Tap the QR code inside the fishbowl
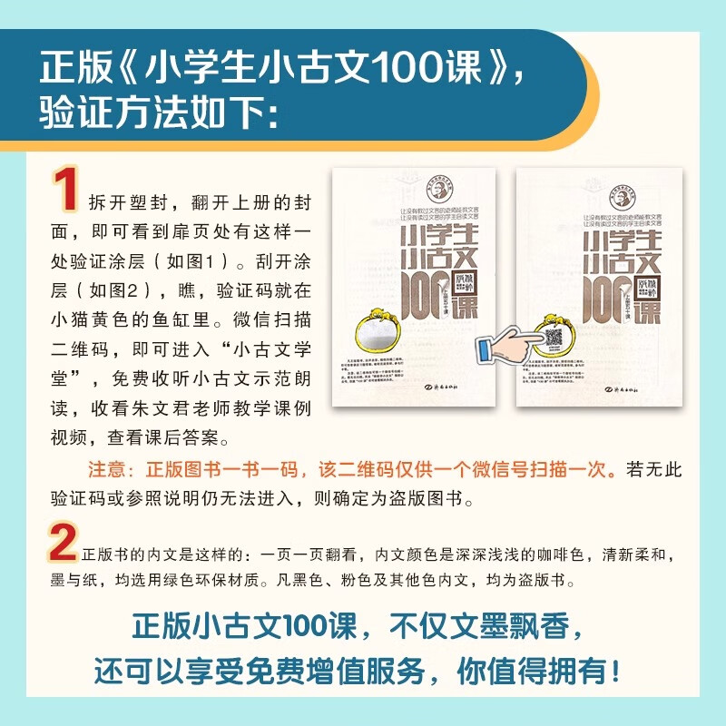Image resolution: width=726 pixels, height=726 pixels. (554, 337)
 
